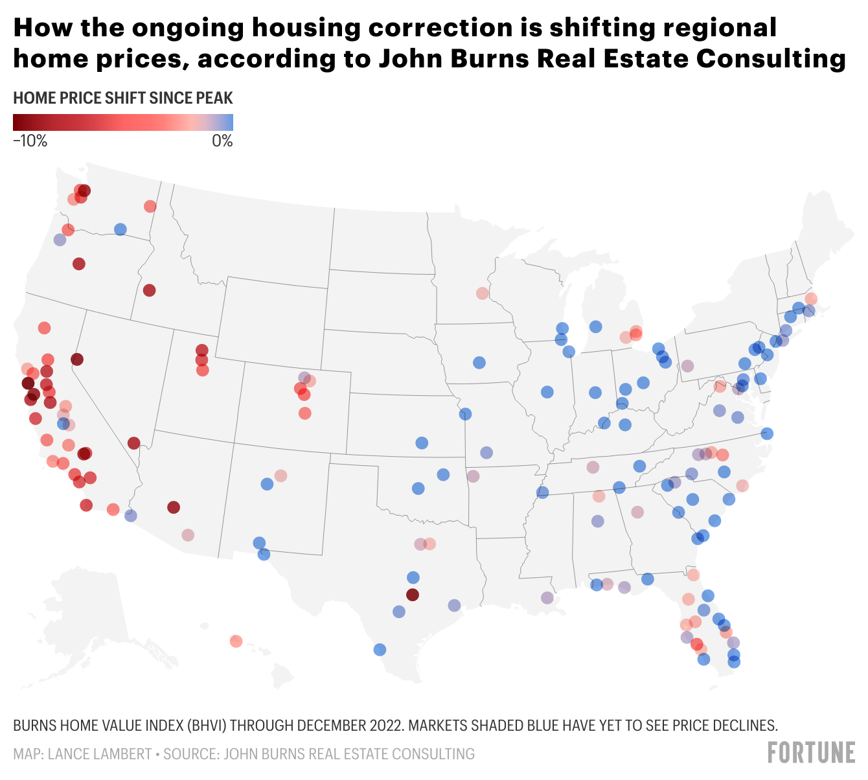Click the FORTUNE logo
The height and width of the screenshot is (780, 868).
811,753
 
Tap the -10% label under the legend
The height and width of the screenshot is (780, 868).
30,141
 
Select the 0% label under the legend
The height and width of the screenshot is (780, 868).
222,141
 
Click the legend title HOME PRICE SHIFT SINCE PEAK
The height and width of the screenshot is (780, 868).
122,98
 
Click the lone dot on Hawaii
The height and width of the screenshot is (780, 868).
236,641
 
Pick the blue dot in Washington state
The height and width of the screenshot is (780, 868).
120,229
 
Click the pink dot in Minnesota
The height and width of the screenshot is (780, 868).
482,293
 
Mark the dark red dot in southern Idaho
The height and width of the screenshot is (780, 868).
149,290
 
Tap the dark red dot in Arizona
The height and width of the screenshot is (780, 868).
173,507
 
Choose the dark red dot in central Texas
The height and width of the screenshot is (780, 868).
413,595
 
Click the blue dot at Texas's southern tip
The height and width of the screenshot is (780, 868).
380,650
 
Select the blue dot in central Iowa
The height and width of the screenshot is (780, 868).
479,363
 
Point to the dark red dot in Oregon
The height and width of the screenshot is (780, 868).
79,264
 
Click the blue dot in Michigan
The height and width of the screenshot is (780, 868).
595,327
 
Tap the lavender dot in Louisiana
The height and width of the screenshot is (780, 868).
547,598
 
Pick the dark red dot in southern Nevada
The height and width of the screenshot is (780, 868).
134,443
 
